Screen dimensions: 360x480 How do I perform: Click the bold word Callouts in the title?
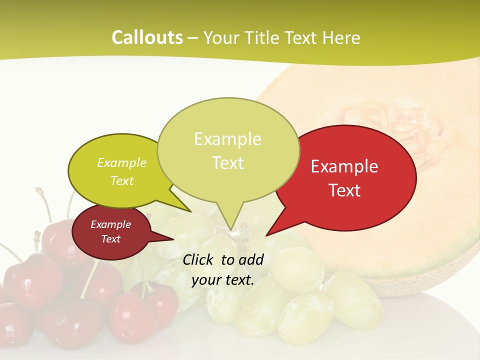pos(147,37)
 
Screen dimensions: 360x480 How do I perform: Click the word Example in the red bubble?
pos(344,166)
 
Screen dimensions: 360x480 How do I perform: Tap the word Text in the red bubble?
pos(345,190)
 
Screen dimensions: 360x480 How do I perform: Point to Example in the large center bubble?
pos(227,139)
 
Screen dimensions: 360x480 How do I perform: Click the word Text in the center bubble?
pos(228,163)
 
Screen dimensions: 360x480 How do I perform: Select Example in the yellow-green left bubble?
pos(122,163)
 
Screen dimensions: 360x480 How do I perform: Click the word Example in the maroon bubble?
pos(110,224)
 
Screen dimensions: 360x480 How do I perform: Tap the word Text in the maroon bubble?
pos(110,239)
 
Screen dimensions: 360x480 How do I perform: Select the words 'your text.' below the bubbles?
pos(223,280)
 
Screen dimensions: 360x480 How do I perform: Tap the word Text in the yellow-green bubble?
pos(122,181)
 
